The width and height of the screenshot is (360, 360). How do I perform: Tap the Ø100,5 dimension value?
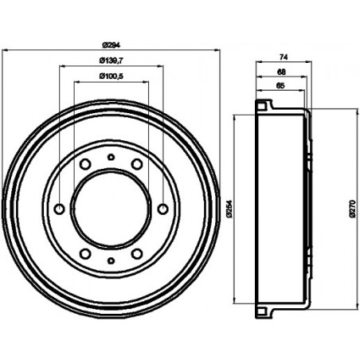[111, 76]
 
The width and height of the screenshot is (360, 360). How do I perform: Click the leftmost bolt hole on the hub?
[58, 209]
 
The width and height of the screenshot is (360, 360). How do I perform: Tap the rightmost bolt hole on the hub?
[163, 209]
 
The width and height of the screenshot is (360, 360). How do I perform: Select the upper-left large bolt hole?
[84, 164]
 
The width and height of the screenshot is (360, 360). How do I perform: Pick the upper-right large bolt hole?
[137, 164]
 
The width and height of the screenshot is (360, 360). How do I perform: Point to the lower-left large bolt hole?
[84, 254]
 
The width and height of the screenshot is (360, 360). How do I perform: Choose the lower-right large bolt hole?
[137, 254]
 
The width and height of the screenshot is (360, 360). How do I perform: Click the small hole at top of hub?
[111, 157]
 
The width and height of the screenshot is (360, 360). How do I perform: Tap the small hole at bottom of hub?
[111, 261]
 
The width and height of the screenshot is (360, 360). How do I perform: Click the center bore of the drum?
[111, 209]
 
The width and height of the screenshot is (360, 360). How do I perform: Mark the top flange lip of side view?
[264, 104]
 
